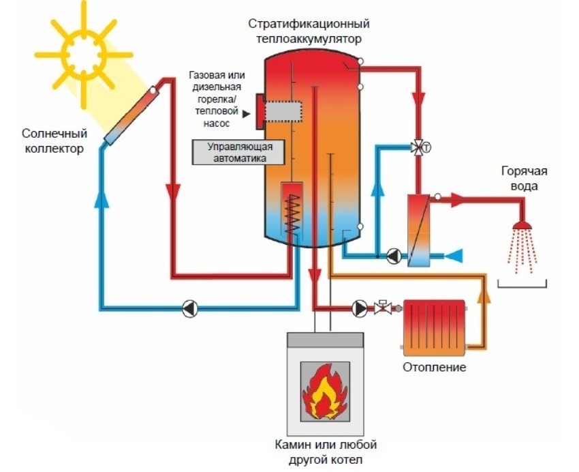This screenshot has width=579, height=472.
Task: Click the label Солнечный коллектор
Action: pyautogui.click(x=52, y=141)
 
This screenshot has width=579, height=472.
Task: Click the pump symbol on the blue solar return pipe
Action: pyautogui.click(x=189, y=308)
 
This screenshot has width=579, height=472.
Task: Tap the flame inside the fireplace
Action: pyautogui.click(x=324, y=392)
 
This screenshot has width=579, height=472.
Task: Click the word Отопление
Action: pyautogui.click(x=433, y=368)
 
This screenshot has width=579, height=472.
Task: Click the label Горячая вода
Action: pyautogui.click(x=524, y=179)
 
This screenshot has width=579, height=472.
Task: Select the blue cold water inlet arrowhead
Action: pyautogui.click(x=454, y=256)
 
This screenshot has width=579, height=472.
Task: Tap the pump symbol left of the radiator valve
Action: pyautogui.click(x=360, y=308)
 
